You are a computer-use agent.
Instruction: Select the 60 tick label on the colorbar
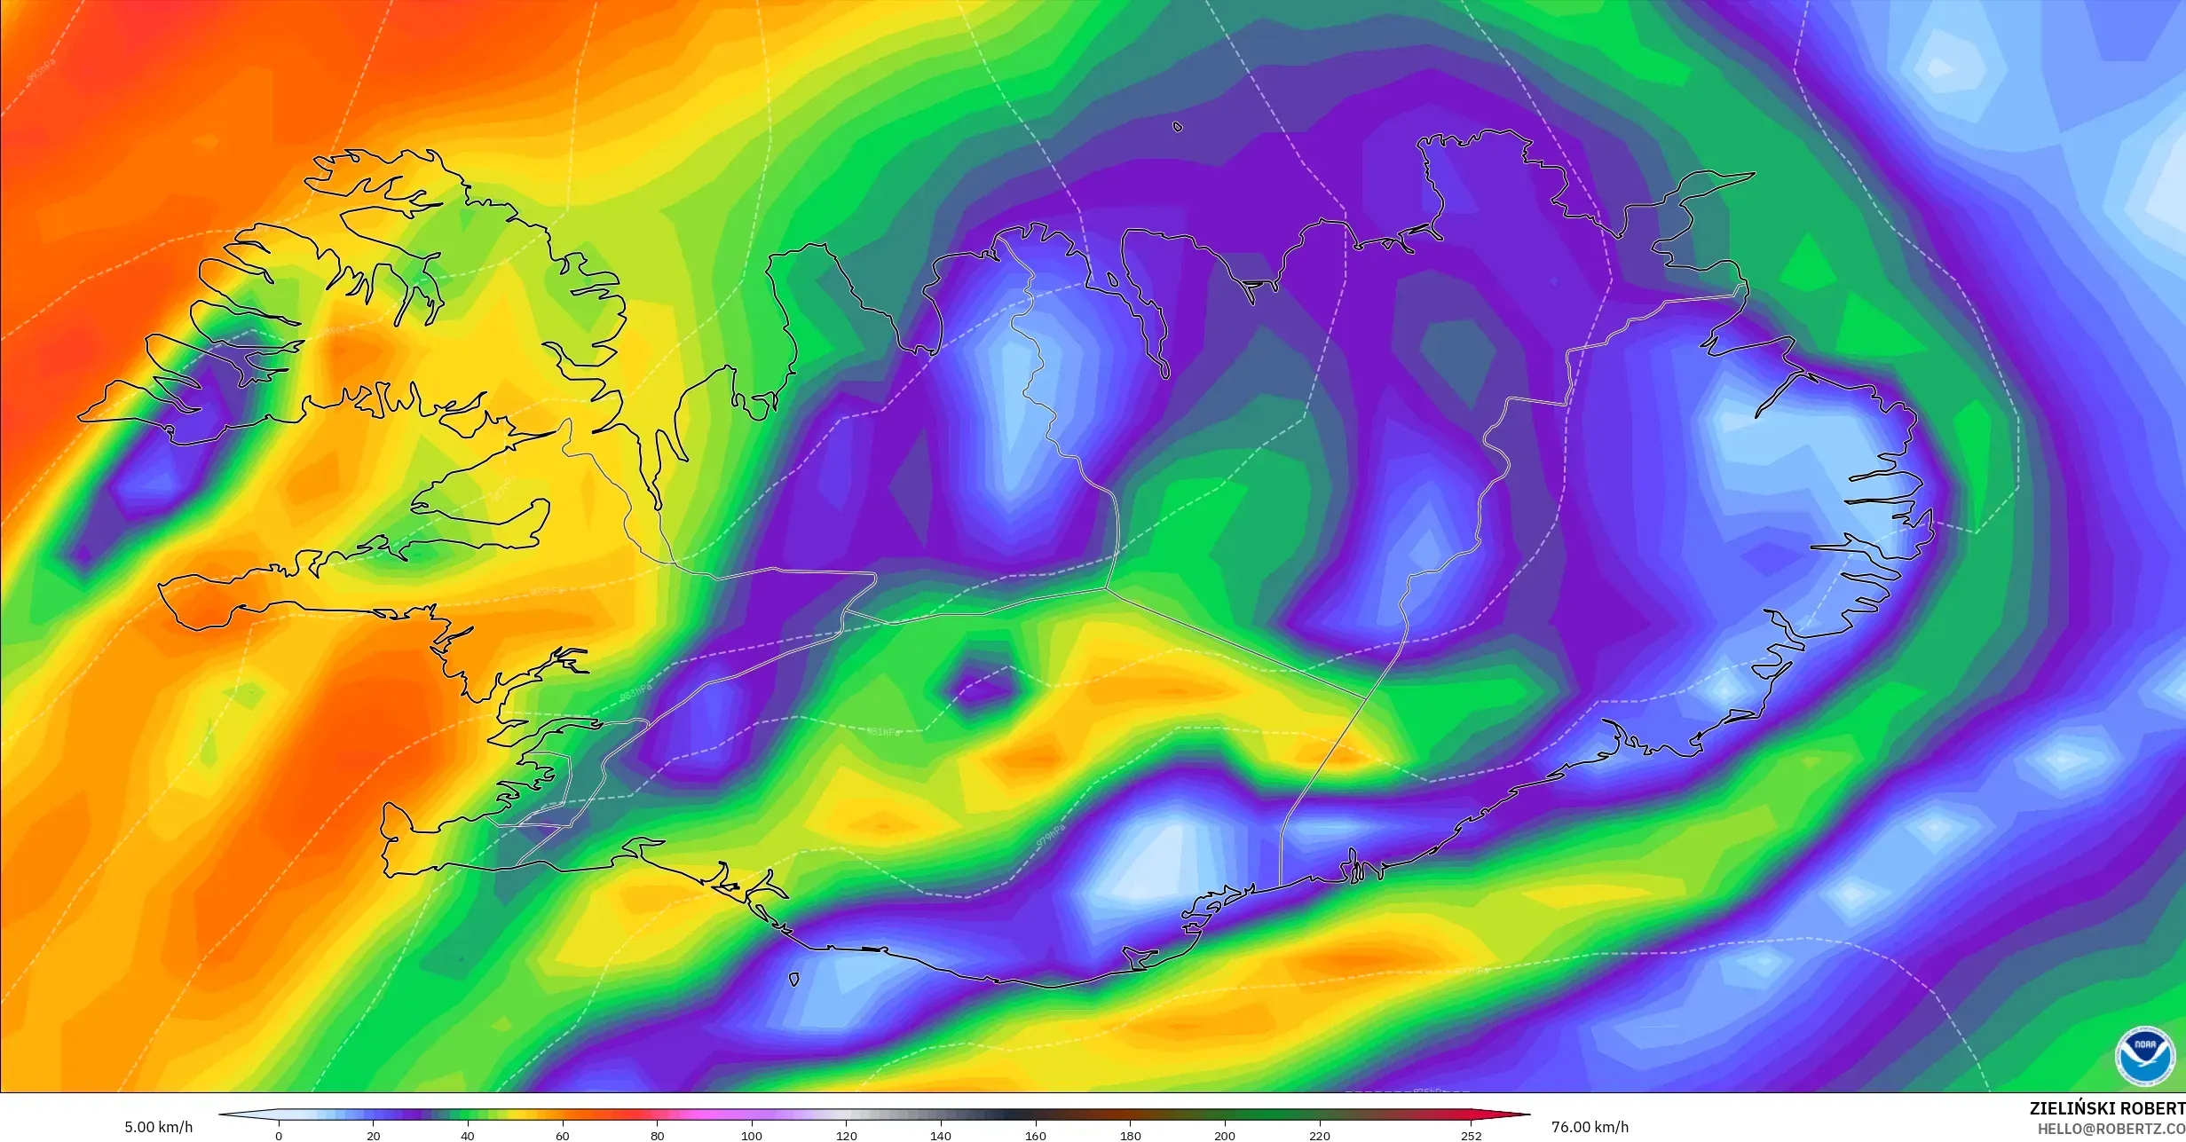point(563,1136)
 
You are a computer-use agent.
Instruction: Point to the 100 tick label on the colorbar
point(752,1136)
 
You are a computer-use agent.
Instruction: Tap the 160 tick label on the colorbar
point(1036,1136)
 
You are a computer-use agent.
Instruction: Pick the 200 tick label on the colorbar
point(1225,1136)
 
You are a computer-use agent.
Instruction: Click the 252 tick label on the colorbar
point(1472,1136)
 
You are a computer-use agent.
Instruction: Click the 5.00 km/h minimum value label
point(158,1127)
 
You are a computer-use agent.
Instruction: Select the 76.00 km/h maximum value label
point(1590,1127)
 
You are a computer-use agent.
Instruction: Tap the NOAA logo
point(2145,1056)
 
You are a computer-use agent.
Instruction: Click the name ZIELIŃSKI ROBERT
point(2107,1108)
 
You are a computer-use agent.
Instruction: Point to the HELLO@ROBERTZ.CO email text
point(2111,1129)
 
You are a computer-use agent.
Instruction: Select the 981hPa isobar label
point(883,732)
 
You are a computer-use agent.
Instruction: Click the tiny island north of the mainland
point(1178,127)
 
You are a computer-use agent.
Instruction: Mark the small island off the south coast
point(793,979)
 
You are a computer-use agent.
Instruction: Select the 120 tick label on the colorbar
point(847,1136)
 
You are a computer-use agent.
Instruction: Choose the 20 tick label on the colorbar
point(374,1136)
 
